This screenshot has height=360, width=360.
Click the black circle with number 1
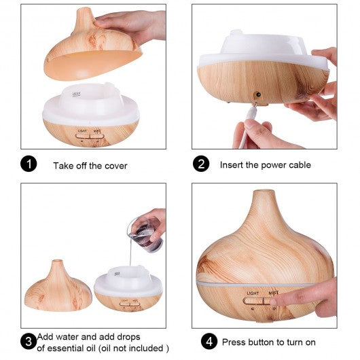pyautogui.click(x=29, y=164)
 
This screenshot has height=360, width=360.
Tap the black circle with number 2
pyautogui.click(x=201, y=164)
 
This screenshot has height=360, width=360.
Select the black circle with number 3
pyautogui.click(x=29, y=342)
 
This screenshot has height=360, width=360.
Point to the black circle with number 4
pyautogui.click(x=209, y=342)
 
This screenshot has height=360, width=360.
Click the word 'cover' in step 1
pyautogui.click(x=115, y=166)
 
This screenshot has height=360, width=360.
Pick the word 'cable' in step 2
pyautogui.click(x=300, y=165)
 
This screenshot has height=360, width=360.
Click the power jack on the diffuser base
pyautogui.click(x=258, y=94)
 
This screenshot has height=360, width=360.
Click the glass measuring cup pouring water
pyautogui.click(x=145, y=234)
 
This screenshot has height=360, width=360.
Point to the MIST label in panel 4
pyautogui.click(x=274, y=293)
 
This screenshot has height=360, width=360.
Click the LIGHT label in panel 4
pyautogui.click(x=253, y=293)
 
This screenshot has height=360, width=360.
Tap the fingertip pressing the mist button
pyautogui.click(x=274, y=302)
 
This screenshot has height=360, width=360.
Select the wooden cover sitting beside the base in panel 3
pyautogui.click(x=58, y=285)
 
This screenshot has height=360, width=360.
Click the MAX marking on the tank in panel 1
pyautogui.click(x=77, y=94)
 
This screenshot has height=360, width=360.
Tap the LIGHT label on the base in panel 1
pyautogui.click(x=82, y=130)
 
